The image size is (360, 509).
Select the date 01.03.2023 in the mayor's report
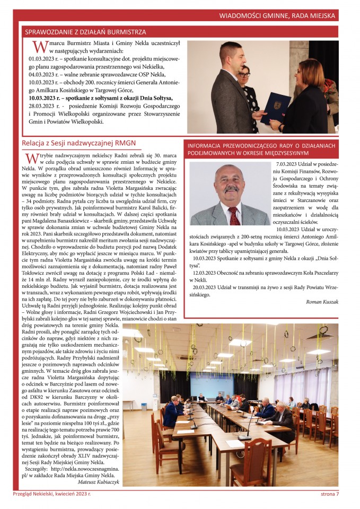(45, 59)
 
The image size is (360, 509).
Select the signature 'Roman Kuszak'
(322, 301)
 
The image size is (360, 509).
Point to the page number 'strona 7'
(330, 494)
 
